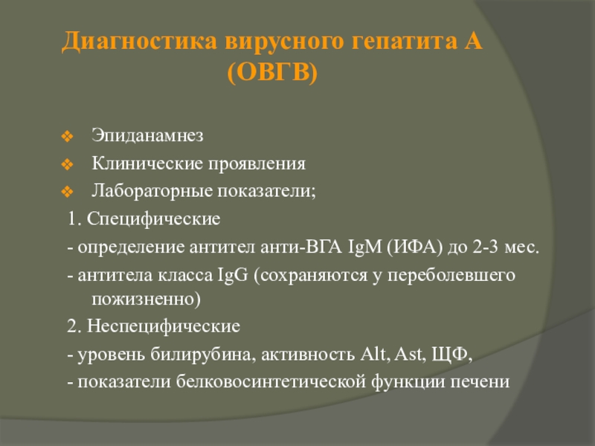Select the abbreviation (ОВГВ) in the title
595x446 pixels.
pos(273,73)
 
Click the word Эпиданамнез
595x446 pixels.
pos(147,136)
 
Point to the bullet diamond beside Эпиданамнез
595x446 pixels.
pos(66,137)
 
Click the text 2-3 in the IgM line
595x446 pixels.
pos(469,247)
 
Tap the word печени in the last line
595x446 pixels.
pos(484,382)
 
